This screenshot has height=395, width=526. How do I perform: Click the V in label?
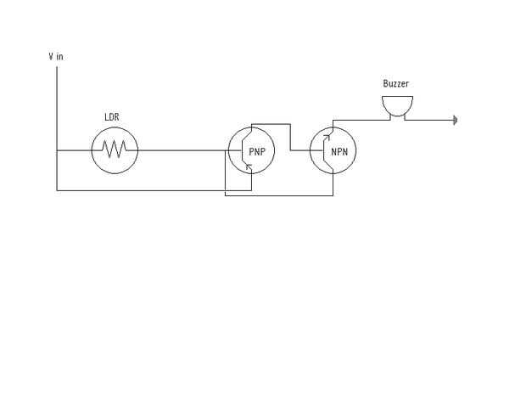[56, 56]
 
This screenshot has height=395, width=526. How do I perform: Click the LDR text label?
[112, 117]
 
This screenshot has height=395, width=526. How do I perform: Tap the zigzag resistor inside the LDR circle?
[114, 150]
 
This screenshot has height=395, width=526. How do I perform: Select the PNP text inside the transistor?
[257, 152]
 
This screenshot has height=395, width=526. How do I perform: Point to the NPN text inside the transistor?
[339, 152]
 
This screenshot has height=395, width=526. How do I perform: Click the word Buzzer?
[396, 83]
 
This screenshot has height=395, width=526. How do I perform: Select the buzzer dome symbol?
[397, 106]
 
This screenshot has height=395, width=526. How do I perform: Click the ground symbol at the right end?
[456, 120]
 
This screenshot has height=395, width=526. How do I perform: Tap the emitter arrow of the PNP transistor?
[249, 166]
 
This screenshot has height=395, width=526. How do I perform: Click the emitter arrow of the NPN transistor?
[327, 137]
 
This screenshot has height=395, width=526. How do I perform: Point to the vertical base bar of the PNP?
[242, 150]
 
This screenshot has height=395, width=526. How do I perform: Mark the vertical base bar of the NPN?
[324, 150]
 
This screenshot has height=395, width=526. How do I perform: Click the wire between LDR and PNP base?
[182, 150]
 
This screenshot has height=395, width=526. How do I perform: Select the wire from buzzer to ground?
[429, 120]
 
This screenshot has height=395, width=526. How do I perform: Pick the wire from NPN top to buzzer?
[361, 120]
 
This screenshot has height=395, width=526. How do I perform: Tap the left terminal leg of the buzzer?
[389, 117]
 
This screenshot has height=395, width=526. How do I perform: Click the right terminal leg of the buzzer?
[405, 117]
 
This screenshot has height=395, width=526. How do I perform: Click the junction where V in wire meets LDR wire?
[57, 150]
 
